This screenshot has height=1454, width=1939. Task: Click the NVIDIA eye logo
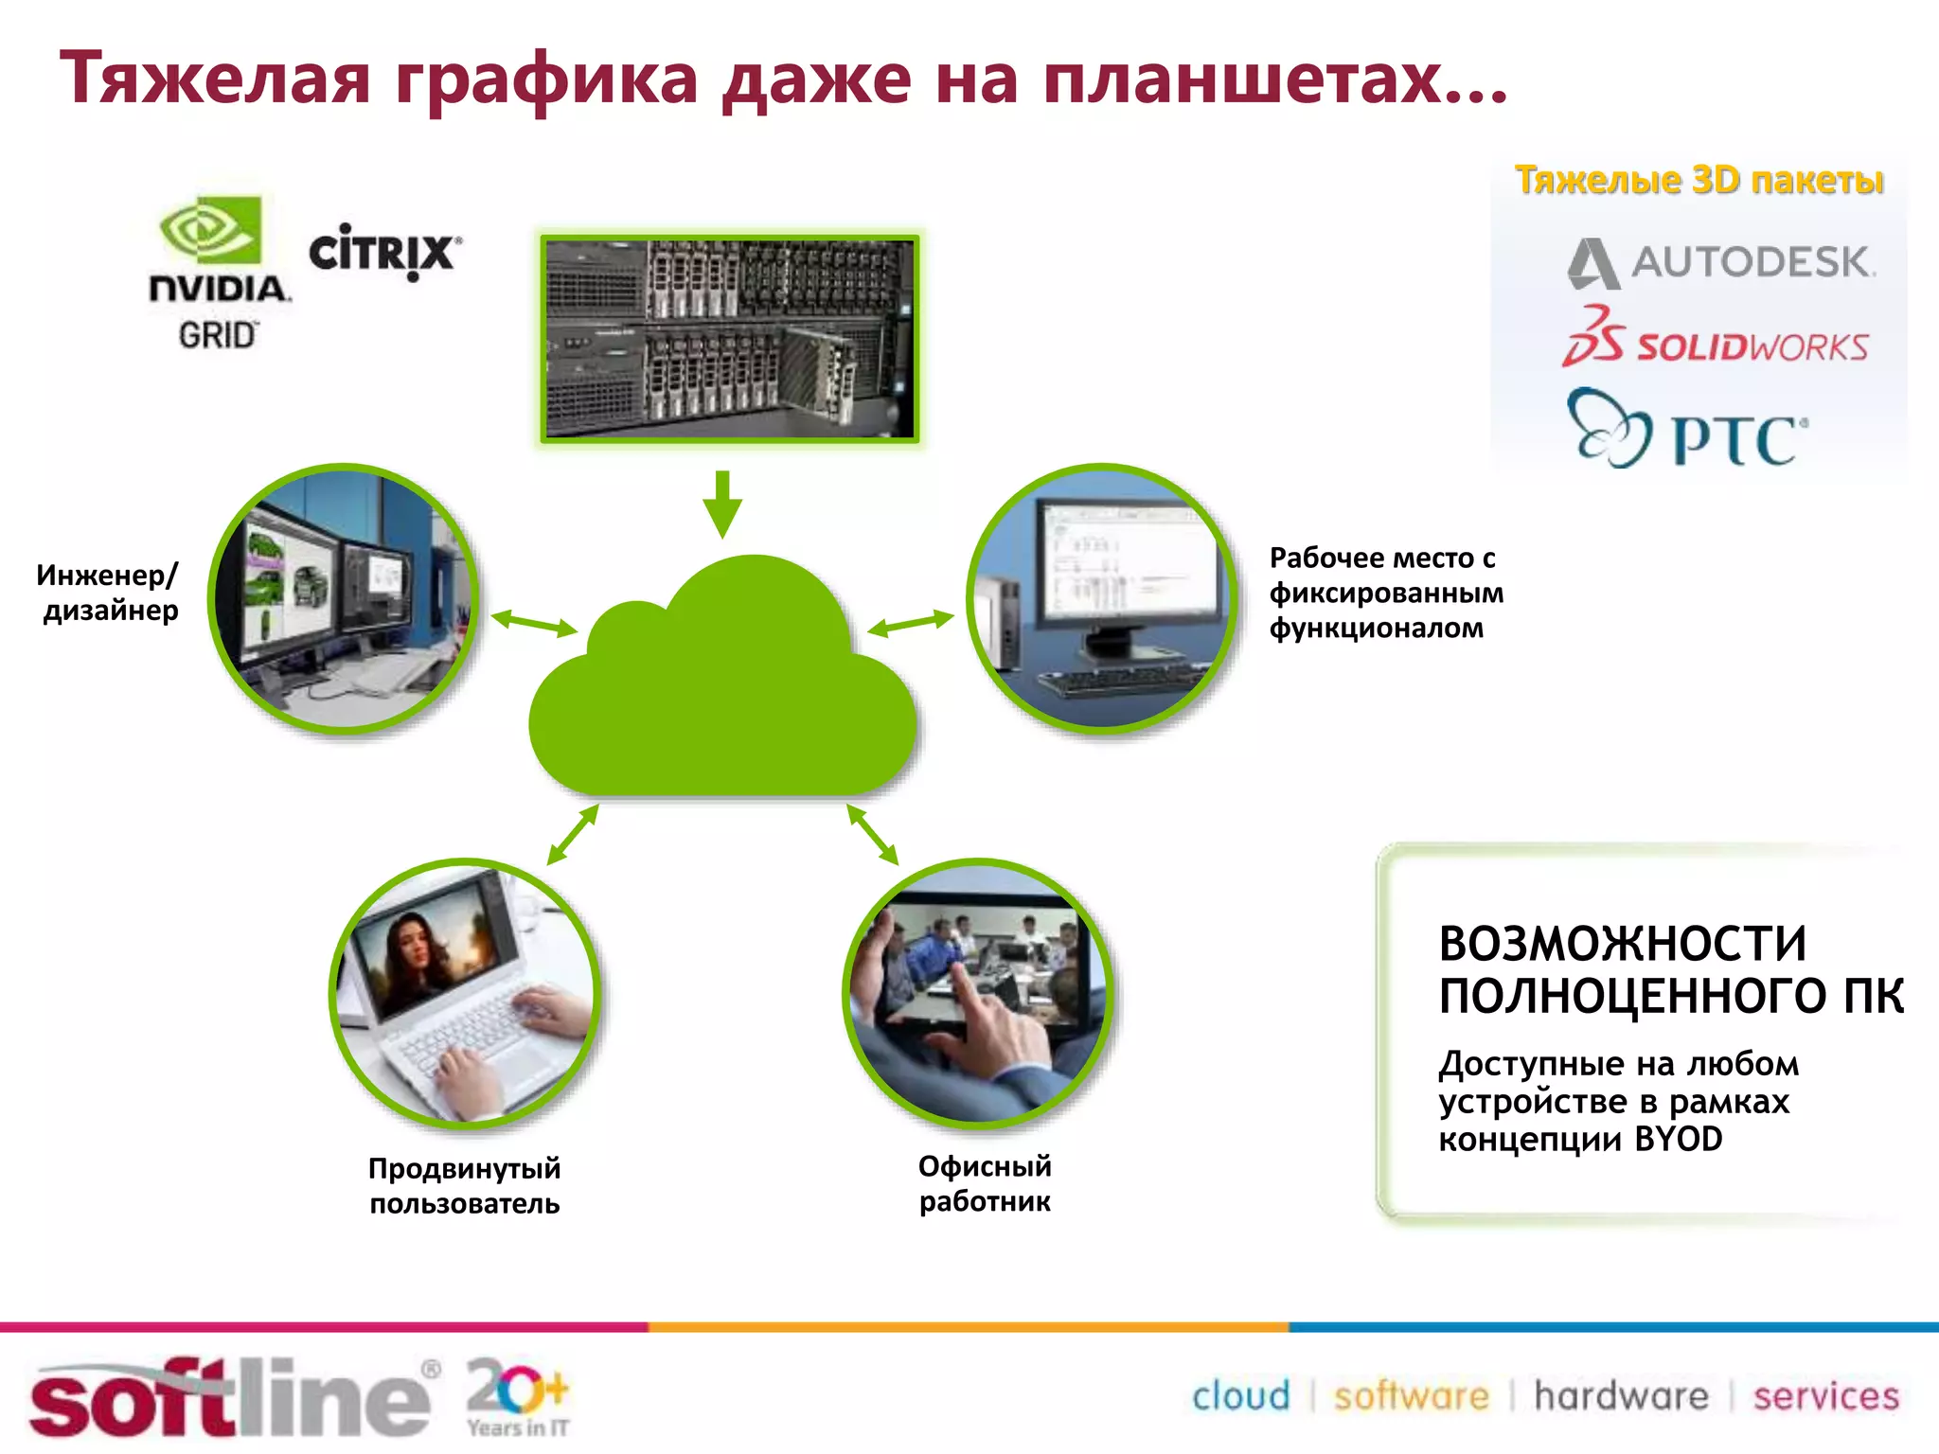[x=210, y=229]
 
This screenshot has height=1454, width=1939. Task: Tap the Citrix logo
[x=384, y=252]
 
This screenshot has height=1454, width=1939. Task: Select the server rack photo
[x=730, y=339]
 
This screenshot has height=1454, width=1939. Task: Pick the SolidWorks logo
[x=1715, y=339]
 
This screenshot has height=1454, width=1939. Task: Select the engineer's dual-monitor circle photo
[x=344, y=599]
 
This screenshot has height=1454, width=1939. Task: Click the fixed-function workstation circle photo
[x=1101, y=599]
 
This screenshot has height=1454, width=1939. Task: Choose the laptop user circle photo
[x=465, y=994]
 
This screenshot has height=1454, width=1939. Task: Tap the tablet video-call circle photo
[x=978, y=994]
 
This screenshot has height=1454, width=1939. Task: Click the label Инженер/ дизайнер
[x=108, y=593]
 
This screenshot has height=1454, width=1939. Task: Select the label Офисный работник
[x=985, y=1183]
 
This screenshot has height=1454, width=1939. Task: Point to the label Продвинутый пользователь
[x=464, y=1185]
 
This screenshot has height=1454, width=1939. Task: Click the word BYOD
[x=1678, y=1139]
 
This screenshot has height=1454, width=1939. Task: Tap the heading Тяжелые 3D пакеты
[x=1699, y=180]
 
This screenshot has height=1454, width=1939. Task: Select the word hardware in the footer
[x=1621, y=1396]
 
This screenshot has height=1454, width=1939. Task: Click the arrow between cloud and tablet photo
[x=872, y=834]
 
